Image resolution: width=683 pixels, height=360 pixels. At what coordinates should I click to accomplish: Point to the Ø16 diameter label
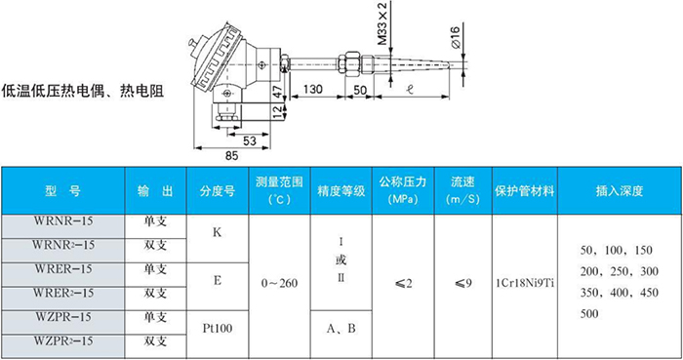456,40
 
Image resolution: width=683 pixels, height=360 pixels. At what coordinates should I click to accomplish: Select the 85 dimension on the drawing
230,156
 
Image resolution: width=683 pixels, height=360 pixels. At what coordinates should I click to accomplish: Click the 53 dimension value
249,140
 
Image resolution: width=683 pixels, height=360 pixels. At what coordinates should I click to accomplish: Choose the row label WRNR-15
63,222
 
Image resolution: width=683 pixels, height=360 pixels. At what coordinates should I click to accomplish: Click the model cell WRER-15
63,269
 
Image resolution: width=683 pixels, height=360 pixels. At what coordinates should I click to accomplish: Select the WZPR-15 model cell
63,317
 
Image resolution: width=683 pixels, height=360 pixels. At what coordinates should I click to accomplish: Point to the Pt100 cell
217,329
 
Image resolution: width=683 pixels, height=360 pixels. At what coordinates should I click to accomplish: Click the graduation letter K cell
217,234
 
